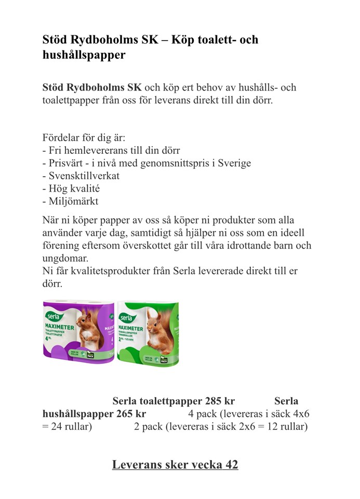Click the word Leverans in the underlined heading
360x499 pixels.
point(137,464)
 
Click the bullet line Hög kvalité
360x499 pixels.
point(71,189)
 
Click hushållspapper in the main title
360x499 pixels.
point(84,55)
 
